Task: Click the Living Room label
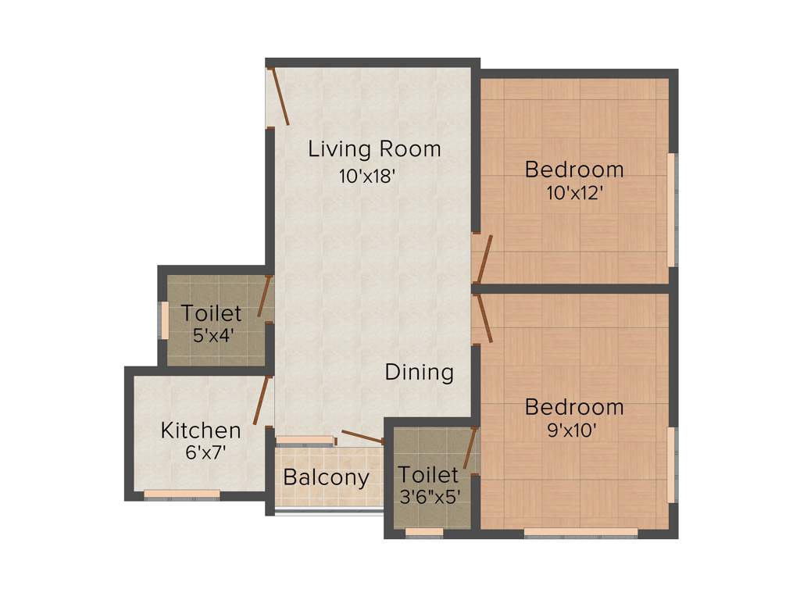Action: [x=374, y=148]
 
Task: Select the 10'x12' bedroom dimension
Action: [x=574, y=193]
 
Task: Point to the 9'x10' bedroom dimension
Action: [x=574, y=430]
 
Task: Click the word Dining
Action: [x=420, y=372]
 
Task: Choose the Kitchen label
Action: [x=201, y=430]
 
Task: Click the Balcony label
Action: [x=326, y=477]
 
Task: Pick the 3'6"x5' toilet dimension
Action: [x=427, y=497]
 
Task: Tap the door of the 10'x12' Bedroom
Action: [x=484, y=259]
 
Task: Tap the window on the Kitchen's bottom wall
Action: [x=182, y=494]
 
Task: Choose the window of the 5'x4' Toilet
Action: [x=165, y=320]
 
